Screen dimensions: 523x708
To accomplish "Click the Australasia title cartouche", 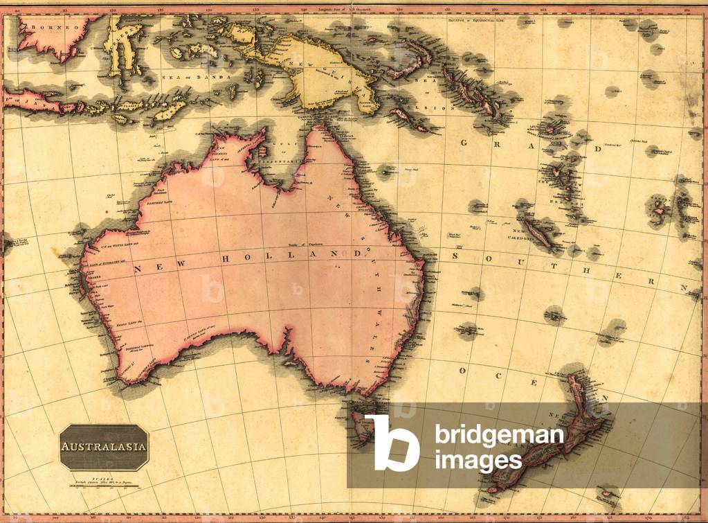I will (x=104, y=447).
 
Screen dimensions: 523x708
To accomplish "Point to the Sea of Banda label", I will (x=197, y=78).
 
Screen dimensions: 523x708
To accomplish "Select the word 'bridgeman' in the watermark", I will (x=499, y=436).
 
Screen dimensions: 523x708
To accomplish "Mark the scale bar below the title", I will (x=104, y=483).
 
